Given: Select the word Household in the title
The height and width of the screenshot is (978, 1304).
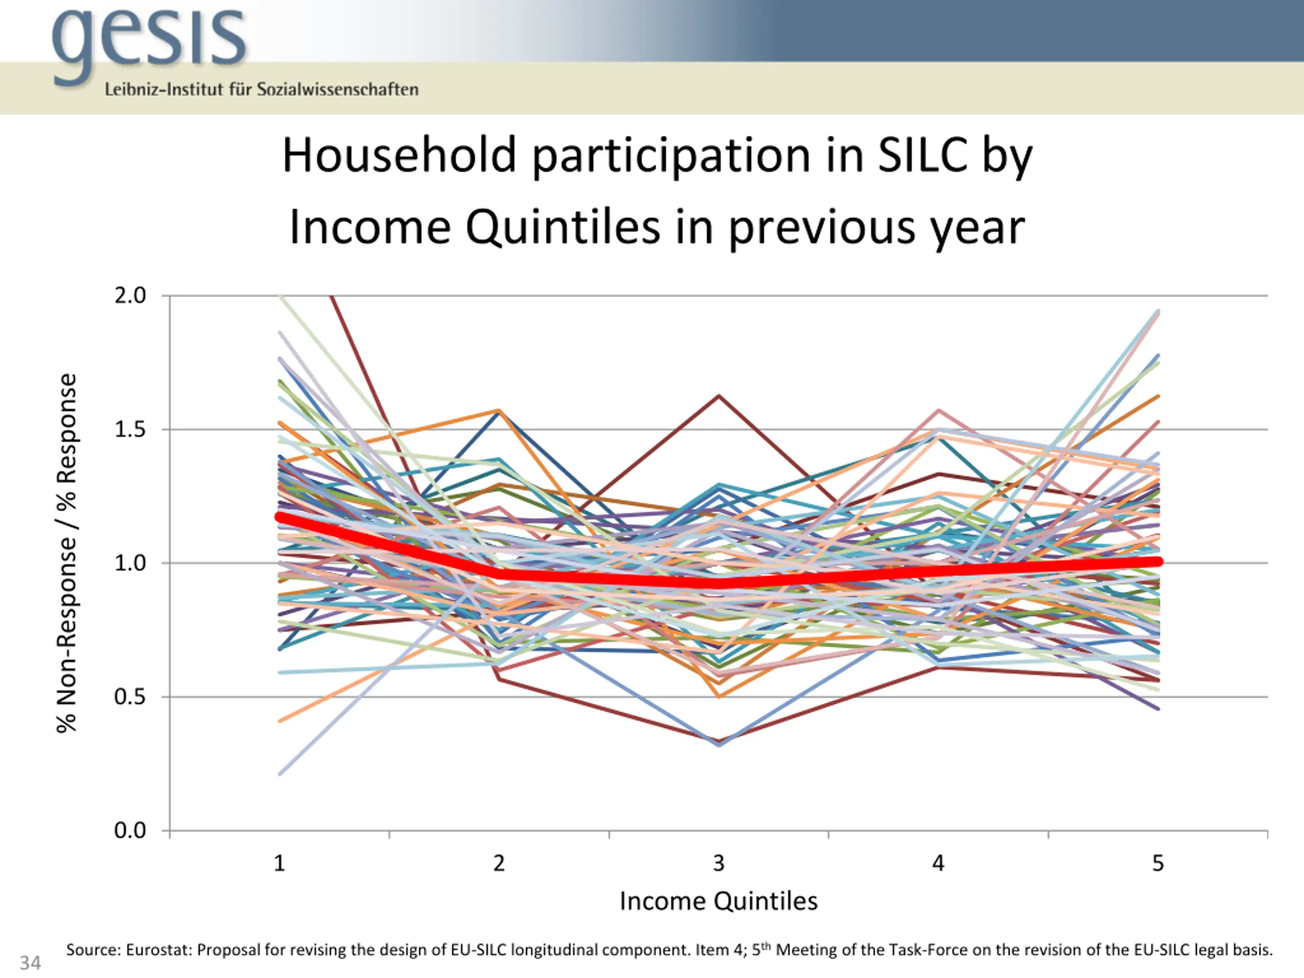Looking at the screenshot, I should pos(399,156).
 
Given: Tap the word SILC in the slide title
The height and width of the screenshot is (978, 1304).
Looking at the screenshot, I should pos(922,156).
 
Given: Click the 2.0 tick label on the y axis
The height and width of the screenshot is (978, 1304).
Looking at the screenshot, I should pos(130,295).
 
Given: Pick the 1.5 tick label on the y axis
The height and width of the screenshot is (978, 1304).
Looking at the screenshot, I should pos(130,429).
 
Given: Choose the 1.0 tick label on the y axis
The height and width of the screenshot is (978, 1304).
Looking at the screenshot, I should pos(130,563).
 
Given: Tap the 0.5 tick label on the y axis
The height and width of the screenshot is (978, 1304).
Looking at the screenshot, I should pos(130,697).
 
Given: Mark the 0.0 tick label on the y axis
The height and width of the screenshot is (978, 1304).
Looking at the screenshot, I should pos(130,831).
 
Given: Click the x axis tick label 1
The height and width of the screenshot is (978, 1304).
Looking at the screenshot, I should pos(280,863).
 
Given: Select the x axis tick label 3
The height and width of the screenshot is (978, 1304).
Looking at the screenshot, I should pos(719,863).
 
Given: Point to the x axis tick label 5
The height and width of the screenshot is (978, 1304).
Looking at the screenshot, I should pos(1158,863).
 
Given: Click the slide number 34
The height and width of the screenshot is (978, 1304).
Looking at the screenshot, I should pos(30,963).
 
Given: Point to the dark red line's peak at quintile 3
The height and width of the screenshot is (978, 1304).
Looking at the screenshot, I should pos(719,396).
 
